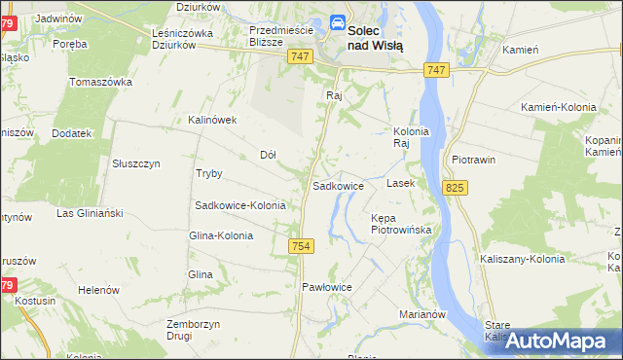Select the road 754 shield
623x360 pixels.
pos(300,248)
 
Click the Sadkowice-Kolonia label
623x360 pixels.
pos(240,205)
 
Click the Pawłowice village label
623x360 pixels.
pos(326,287)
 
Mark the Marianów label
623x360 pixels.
pos(422,314)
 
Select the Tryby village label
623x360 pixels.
pos(209,173)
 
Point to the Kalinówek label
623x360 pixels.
pos(213,121)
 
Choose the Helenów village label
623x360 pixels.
pos(98,290)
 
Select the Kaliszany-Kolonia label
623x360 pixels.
pos(523,259)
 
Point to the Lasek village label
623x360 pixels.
pos(401,183)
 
